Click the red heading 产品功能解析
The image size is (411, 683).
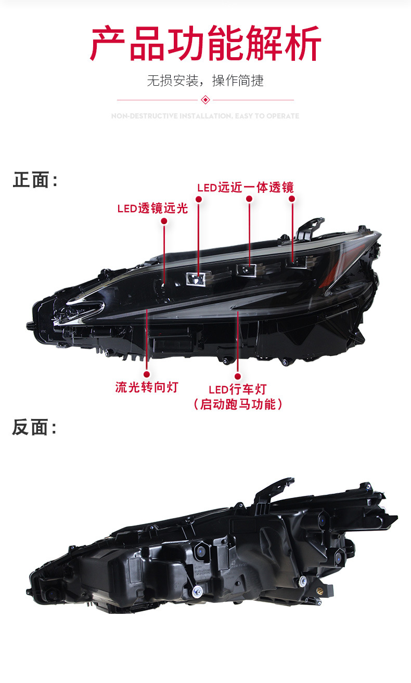pyautogui.click(x=205, y=44)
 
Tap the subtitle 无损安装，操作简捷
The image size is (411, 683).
pyautogui.click(x=205, y=81)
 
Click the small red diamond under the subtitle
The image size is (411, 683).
pyautogui.click(x=205, y=99)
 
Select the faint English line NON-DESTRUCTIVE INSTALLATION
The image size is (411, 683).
pyautogui.click(x=205, y=116)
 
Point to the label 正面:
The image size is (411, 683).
pyautogui.click(x=35, y=180)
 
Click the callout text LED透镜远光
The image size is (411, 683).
pyautogui.click(x=152, y=208)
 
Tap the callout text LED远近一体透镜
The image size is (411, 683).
pyautogui.click(x=245, y=187)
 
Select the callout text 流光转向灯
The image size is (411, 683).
pyautogui.click(x=147, y=387)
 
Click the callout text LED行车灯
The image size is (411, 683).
pyautogui.click(x=238, y=389)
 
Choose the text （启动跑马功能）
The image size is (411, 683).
pyautogui.click(x=238, y=404)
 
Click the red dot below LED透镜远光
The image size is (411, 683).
pyautogui.click(x=164, y=221)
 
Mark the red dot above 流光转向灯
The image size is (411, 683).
pyautogui.click(x=147, y=374)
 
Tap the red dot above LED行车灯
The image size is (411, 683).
pyautogui.click(x=238, y=376)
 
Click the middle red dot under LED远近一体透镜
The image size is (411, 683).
pyautogui.click(x=249, y=199)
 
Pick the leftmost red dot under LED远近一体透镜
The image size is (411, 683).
pyautogui.click(x=199, y=199)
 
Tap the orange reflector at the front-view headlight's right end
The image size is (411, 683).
pyautogui.click(x=329, y=281)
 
